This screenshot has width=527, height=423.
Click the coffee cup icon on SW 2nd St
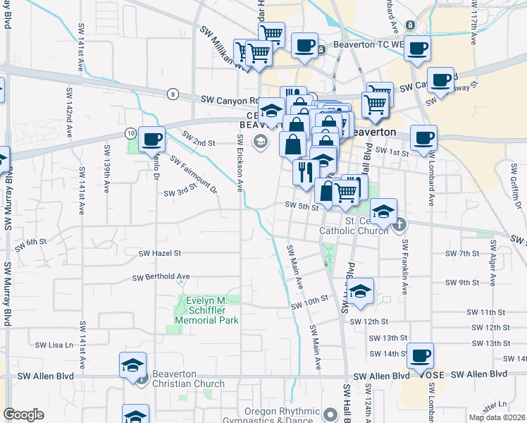point(151,139)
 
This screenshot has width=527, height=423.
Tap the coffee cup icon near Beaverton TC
point(304,46)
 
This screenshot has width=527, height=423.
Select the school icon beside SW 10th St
point(360,291)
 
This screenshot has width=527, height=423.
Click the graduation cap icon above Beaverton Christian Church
point(132,364)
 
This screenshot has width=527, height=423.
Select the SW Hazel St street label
point(160,252)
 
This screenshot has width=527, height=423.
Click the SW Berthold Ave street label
point(165,276)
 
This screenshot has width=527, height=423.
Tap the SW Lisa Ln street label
point(54,345)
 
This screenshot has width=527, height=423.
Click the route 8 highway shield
point(173,94)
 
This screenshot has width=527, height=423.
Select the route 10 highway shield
point(130,133)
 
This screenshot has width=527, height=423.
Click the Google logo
point(23,415)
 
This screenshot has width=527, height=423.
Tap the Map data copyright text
point(496,417)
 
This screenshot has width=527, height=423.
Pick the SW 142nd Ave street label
point(69,113)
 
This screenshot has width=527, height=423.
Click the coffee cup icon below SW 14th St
point(421,355)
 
